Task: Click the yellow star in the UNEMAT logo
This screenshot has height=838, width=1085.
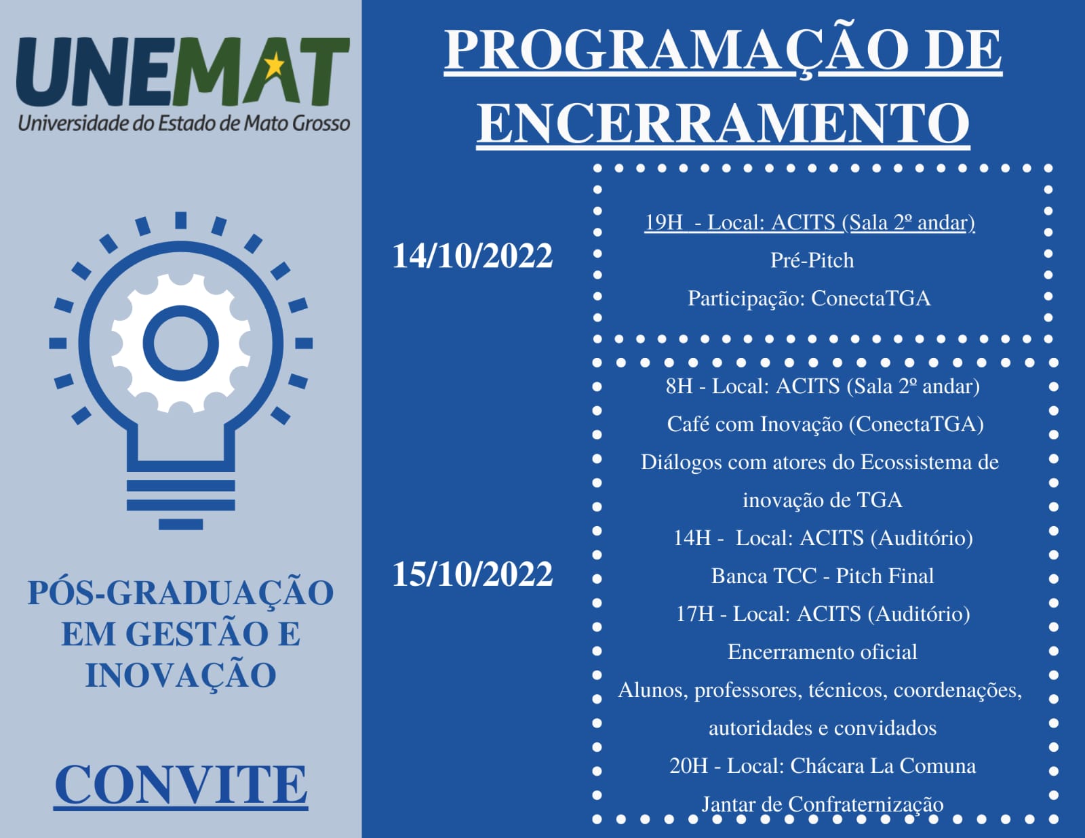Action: (274, 66)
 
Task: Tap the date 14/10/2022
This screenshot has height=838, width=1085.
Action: (473, 256)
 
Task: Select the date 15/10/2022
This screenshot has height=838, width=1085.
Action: (473, 574)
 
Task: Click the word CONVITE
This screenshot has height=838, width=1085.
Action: (181, 785)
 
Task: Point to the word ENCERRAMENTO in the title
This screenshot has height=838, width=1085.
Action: (724, 123)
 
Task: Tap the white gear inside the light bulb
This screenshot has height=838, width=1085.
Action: (181, 343)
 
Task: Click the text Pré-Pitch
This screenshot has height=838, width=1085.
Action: (812, 260)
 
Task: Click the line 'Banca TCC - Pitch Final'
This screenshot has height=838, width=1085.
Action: (823, 576)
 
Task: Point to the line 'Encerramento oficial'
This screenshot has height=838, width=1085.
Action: (823, 652)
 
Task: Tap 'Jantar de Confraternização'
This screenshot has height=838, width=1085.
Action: (823, 805)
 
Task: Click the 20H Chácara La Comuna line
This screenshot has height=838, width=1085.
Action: (823, 766)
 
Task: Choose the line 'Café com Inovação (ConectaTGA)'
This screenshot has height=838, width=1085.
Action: (825, 424)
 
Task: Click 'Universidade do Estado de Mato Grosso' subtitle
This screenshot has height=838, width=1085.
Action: (184, 123)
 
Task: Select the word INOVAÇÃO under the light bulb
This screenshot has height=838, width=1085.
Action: (181, 676)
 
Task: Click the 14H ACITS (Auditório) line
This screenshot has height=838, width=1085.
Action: (823, 538)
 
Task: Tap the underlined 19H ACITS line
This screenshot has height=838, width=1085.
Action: (810, 223)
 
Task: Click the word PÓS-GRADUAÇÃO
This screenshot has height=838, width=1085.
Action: (181, 593)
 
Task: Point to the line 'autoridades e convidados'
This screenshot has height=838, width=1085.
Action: (823, 728)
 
